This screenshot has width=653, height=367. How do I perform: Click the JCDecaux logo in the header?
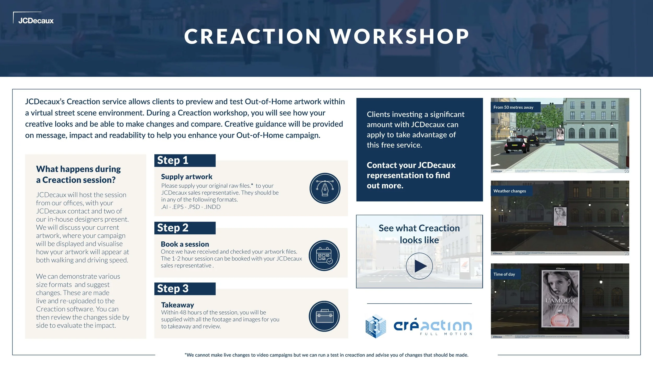36,21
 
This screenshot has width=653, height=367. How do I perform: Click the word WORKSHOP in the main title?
400,37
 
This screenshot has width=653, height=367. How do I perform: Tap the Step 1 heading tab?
185,160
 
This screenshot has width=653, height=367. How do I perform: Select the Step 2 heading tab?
185,228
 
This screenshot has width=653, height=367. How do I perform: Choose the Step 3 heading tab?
185,289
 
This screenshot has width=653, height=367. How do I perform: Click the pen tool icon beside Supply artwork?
325,188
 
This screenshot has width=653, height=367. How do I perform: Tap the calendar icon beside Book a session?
324,255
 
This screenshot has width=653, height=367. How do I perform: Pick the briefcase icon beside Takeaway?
324,316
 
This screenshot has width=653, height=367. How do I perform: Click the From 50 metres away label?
514,107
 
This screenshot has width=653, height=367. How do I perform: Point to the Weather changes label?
510,191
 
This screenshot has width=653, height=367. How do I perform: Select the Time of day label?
504,274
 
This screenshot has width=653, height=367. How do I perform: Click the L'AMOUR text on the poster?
560,300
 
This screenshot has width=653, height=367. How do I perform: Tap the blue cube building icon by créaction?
376,326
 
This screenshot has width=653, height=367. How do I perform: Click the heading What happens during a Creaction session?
78,174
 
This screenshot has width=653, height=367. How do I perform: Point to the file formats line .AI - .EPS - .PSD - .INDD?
191,207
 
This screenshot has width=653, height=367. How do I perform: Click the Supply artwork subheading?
186,177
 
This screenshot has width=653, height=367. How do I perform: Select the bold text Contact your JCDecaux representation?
411,175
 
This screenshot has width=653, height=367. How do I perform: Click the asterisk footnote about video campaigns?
326,355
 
